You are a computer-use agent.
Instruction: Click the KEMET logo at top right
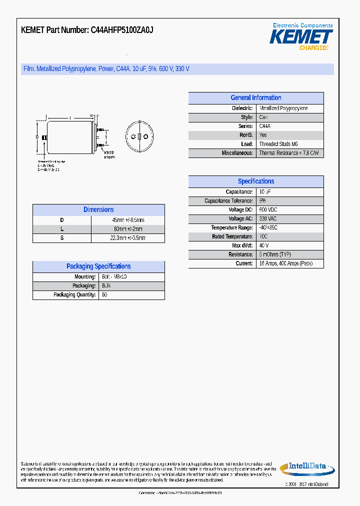[301, 36]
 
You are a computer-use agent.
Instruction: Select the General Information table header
[255, 98]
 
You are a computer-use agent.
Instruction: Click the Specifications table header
[255, 181]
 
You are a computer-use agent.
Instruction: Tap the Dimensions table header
[98, 210]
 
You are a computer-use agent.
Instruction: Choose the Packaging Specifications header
[98, 266]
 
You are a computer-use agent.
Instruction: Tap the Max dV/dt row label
[242, 246]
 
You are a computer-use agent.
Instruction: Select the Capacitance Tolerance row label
[228, 201]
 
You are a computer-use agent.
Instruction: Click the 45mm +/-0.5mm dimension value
[128, 220]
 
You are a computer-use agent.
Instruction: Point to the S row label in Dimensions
[62, 238]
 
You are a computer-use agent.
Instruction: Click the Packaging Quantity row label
[74, 294]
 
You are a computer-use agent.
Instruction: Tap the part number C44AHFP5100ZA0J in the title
[121, 30]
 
